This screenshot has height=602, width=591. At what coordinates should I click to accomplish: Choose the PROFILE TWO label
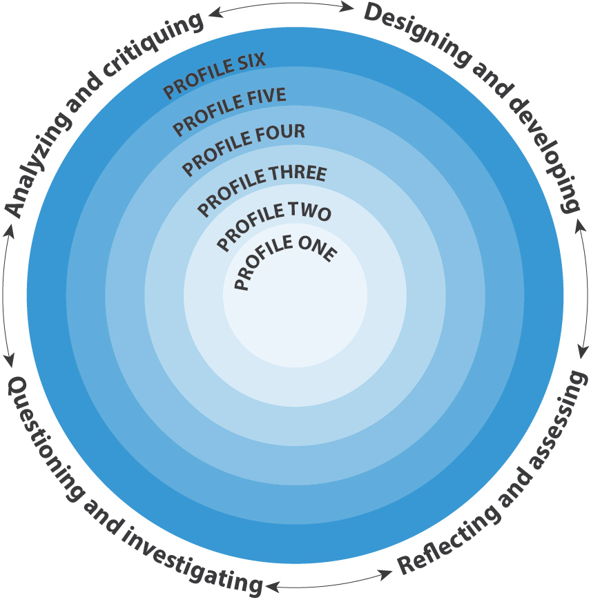274,225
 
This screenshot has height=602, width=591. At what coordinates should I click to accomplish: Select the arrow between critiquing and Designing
280,8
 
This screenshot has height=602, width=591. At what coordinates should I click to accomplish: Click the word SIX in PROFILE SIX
249,63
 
